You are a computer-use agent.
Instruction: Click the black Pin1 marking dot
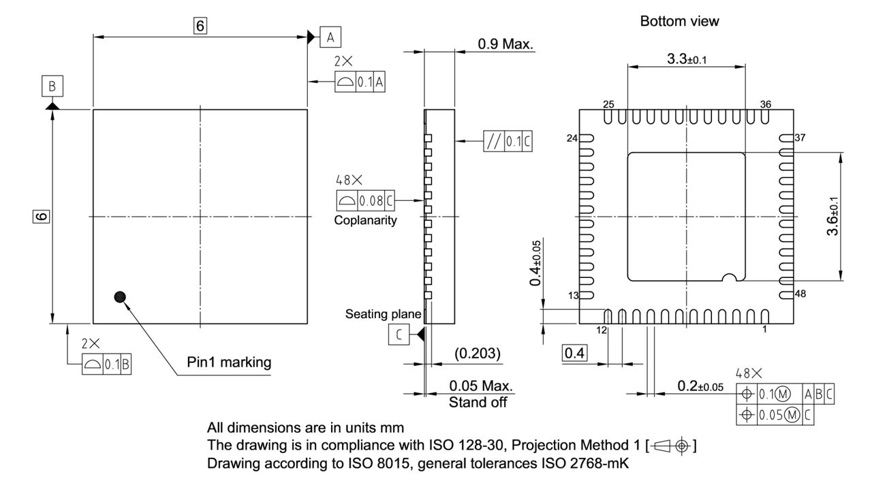[x=121, y=296]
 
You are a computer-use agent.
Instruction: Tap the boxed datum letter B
[x=52, y=87]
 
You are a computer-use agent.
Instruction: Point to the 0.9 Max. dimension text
[x=505, y=44]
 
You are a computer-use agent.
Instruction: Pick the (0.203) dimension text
[x=477, y=354]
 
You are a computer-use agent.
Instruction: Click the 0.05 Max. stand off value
[x=481, y=386]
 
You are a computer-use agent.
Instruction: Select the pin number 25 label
[x=609, y=104]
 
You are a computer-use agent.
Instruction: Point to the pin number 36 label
[x=766, y=104]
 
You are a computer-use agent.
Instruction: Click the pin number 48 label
[x=800, y=294]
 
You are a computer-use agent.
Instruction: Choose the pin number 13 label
[x=573, y=295]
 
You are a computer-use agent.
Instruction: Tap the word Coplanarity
[x=365, y=221]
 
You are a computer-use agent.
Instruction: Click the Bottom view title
[x=679, y=22]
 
